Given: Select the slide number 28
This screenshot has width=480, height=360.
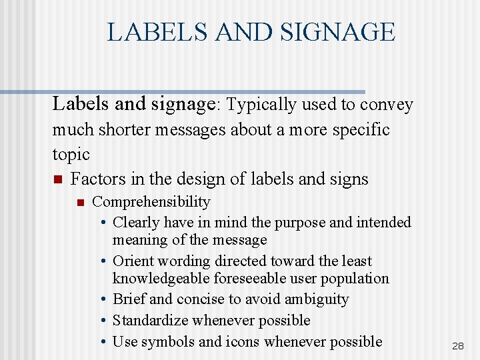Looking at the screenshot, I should [x=458, y=346].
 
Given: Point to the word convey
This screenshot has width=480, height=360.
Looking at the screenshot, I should [x=387, y=105].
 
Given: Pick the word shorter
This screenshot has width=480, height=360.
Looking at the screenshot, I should [x=129, y=129].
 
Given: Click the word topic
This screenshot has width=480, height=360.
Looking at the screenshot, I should [x=71, y=154].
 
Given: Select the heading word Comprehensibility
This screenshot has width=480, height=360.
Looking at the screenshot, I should [x=151, y=201].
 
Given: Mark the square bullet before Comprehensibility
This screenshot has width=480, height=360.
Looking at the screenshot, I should [x=80, y=202].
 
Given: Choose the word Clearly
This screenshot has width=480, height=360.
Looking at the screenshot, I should [x=137, y=222].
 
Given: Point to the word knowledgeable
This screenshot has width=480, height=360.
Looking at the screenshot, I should [x=161, y=278].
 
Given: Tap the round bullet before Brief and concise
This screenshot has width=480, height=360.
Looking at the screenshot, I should [x=105, y=300].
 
